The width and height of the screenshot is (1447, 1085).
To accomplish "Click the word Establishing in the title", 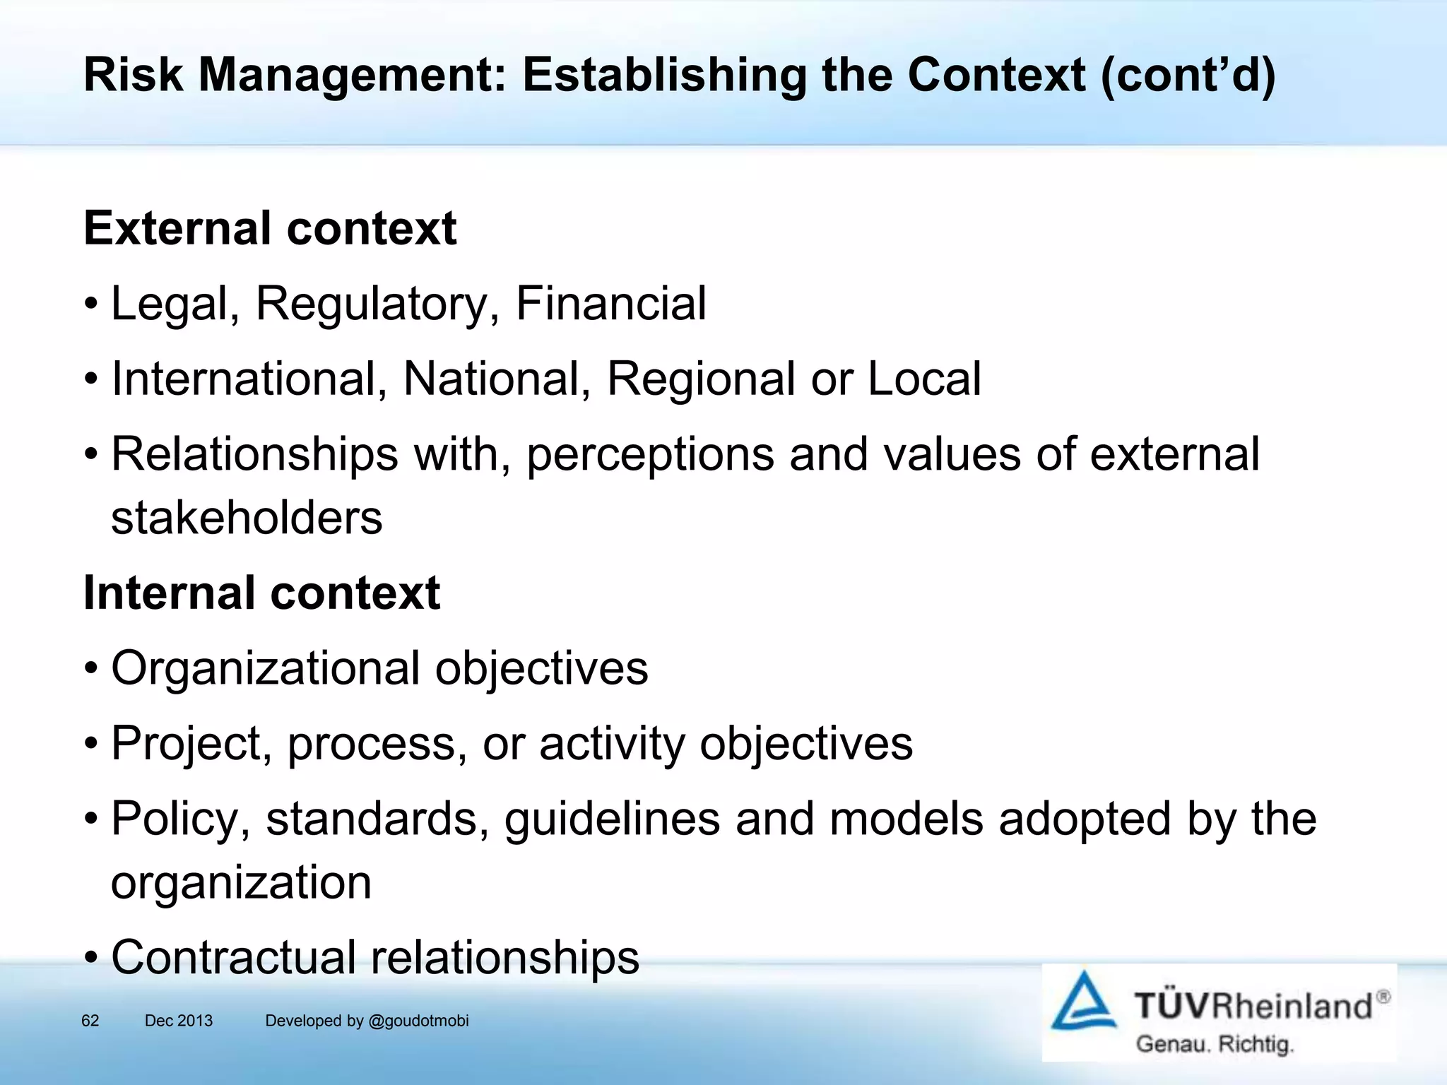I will (x=663, y=76).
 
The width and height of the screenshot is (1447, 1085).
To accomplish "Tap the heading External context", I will (x=270, y=228).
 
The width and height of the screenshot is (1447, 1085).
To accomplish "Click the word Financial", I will (x=611, y=304).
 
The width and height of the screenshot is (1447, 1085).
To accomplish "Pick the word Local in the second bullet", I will (x=924, y=379).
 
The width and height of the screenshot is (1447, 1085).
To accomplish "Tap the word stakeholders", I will (x=247, y=518).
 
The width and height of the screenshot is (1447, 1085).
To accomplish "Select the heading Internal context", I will (x=261, y=593).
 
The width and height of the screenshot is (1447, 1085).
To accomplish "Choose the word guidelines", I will (x=612, y=819).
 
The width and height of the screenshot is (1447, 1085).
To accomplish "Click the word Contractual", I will (x=233, y=957).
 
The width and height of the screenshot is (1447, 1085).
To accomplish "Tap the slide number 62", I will (x=90, y=1021).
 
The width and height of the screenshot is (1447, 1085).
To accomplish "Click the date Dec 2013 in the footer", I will (x=179, y=1021).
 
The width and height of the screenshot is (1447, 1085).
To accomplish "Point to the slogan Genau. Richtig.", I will (x=1215, y=1044).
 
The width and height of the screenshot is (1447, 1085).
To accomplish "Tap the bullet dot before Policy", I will (x=91, y=820).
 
